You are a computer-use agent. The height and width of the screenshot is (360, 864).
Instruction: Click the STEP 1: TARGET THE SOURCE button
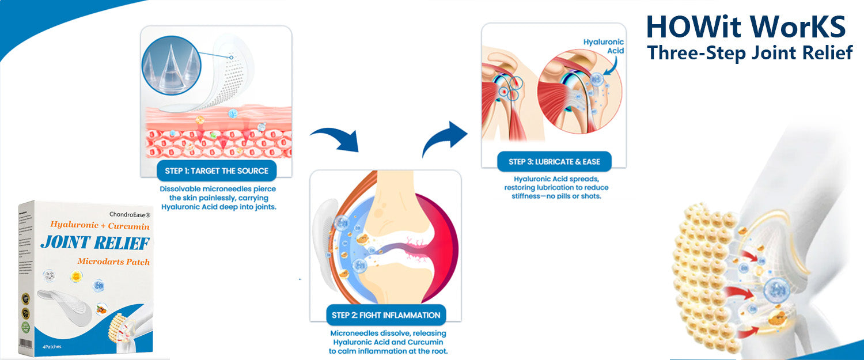[x=217, y=170]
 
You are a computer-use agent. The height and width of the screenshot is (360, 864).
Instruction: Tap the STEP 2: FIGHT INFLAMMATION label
[x=386, y=315]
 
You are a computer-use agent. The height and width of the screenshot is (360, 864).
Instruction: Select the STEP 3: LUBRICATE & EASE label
[x=554, y=162]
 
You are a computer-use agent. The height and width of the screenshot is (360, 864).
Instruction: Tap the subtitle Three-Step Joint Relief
[x=749, y=53]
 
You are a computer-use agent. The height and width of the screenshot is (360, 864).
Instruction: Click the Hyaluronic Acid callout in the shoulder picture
[x=604, y=46]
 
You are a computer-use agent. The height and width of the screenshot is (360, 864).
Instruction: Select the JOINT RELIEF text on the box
[x=95, y=243]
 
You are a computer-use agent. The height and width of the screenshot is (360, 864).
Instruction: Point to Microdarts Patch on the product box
[x=113, y=262]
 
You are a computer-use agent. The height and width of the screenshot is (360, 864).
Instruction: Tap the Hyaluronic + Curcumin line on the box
[x=100, y=225]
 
